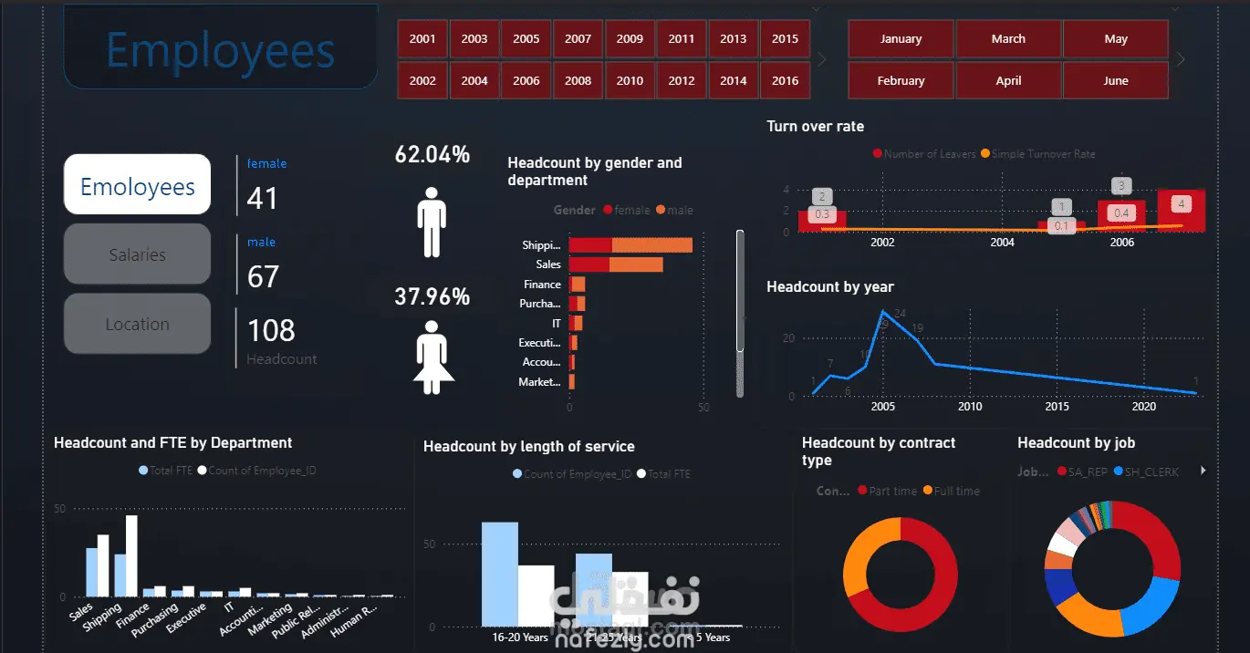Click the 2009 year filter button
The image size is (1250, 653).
630,39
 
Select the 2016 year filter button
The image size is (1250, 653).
785,80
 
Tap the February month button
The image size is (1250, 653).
901,80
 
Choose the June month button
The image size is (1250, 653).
1116,80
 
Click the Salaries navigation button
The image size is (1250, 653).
137,254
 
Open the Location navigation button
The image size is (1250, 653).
137,324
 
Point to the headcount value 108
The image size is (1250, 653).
271,330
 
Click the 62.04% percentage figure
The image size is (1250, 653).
432,155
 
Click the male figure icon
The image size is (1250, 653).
432,222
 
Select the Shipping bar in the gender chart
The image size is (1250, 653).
630,244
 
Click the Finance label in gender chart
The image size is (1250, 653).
542,285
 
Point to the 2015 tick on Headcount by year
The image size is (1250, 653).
1057,407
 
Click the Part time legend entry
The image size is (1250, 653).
891,491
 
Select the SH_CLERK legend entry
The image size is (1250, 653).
1151,472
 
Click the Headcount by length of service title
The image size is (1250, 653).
528,446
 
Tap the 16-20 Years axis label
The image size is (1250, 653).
520,637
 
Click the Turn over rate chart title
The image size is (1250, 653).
815,126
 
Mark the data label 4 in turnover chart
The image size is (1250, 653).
1182,203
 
